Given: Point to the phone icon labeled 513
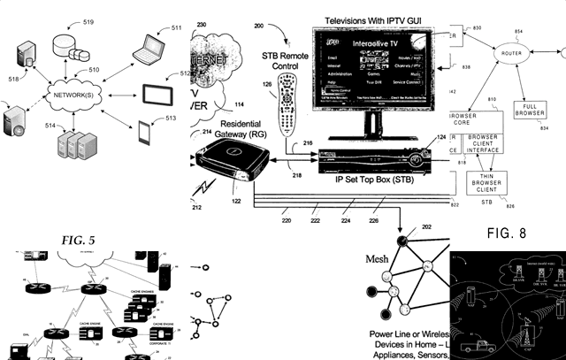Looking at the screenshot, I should point(144,133).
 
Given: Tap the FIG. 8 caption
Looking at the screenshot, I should point(512,234).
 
